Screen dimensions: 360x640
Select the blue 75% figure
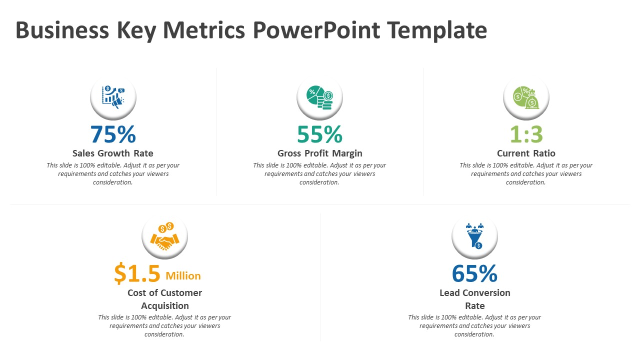[x=113, y=134]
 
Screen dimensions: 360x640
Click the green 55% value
[x=319, y=134]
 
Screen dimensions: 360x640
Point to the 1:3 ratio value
[x=526, y=134]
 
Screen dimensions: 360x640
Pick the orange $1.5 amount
[x=137, y=274]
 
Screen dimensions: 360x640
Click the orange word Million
[x=183, y=276]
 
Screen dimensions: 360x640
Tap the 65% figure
[x=474, y=274]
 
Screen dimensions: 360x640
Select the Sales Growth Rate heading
[x=113, y=153]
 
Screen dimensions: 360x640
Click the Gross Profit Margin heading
[x=319, y=153]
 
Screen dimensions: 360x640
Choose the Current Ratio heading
[x=526, y=153]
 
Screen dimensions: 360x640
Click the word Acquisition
[x=164, y=305]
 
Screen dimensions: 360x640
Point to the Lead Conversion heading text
[x=474, y=293]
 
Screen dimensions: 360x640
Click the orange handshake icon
[x=165, y=237]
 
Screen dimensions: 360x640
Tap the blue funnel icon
[x=474, y=235]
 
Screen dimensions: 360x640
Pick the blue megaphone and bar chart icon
[x=113, y=97]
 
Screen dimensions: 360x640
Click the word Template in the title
[x=437, y=30]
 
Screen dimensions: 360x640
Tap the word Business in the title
[x=62, y=30]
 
